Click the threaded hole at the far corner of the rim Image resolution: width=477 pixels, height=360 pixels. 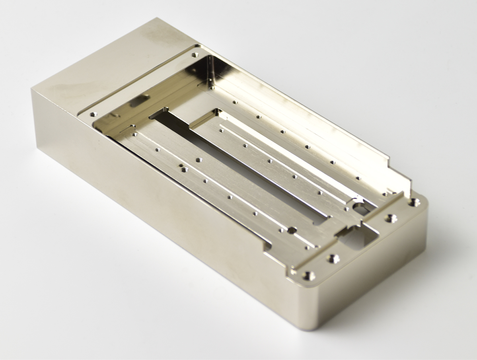(194, 55)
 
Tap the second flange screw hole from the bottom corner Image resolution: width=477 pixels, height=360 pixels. (332, 257)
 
